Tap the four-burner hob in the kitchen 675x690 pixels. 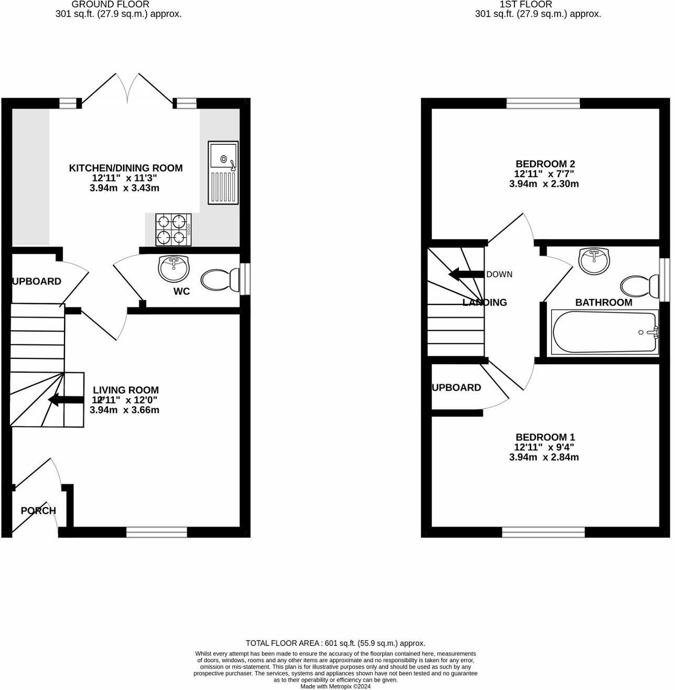[x=173, y=230]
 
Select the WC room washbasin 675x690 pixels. [x=174, y=268]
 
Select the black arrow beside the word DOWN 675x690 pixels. [x=466, y=274]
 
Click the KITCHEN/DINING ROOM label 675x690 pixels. [x=126, y=168]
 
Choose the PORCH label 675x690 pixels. [x=38, y=511]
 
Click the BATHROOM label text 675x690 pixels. [x=604, y=303]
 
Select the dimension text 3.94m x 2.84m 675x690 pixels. [x=544, y=457]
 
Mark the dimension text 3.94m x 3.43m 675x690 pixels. [x=125, y=188]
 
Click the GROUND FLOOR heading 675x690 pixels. [x=119, y=4]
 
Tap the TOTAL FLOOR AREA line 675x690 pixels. [x=336, y=643]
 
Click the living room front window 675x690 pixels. [x=156, y=533]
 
